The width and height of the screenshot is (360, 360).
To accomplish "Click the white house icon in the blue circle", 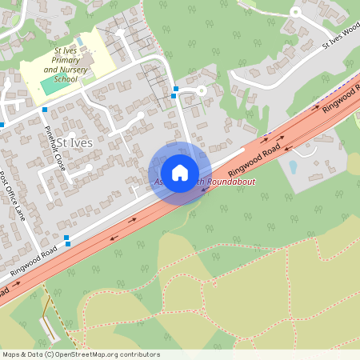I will tap(180, 173).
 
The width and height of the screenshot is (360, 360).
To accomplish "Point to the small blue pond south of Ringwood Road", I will tap(293, 167).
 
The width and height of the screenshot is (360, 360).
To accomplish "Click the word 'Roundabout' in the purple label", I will tap(209, 183).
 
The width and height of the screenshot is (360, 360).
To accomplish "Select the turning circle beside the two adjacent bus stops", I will tap(202, 91).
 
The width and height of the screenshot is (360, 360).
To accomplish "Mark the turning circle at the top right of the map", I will tap(294, 12).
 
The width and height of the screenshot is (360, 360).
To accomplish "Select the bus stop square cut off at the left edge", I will tap(2, 125).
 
